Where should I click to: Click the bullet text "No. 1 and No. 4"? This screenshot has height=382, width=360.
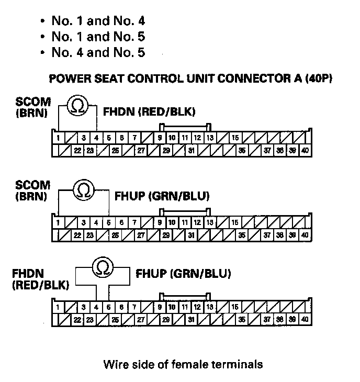[98, 21]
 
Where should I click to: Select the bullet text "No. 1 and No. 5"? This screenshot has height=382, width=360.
[98, 37]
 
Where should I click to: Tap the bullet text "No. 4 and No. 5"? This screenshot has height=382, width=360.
[98, 52]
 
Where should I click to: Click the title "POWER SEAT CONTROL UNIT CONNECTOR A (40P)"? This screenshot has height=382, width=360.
[191, 80]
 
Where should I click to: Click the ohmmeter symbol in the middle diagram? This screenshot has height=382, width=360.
[84, 189]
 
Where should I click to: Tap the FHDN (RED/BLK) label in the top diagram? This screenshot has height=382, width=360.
[149, 111]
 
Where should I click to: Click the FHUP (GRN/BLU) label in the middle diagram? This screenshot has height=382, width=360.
[162, 197]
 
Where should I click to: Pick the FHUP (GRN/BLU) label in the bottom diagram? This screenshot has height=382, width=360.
[183, 274]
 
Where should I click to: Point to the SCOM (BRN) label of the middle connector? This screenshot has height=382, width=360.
[33, 190]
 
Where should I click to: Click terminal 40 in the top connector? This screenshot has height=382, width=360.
[306, 150]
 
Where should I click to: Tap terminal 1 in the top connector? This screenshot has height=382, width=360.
[58, 138]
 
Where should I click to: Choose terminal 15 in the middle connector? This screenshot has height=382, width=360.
[235, 222]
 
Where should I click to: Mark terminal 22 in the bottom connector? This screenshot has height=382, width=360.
[77, 319]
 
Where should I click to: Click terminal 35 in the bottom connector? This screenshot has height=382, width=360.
[242, 319]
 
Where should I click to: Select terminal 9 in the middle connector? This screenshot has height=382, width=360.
[160, 222]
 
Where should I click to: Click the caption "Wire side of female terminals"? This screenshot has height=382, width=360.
[183, 364]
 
